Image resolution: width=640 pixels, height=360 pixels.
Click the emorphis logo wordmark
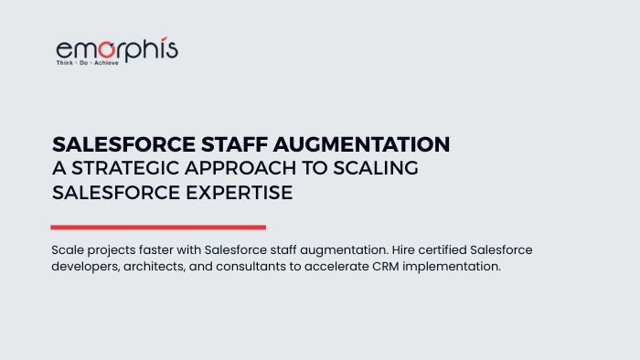coord(117,48)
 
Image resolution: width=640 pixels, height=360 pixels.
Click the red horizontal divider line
coord(158,227)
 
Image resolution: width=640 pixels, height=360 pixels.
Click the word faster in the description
coord(162,249)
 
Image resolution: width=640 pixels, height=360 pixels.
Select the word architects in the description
coord(161,267)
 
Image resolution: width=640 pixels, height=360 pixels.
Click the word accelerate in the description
coord(343,267)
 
